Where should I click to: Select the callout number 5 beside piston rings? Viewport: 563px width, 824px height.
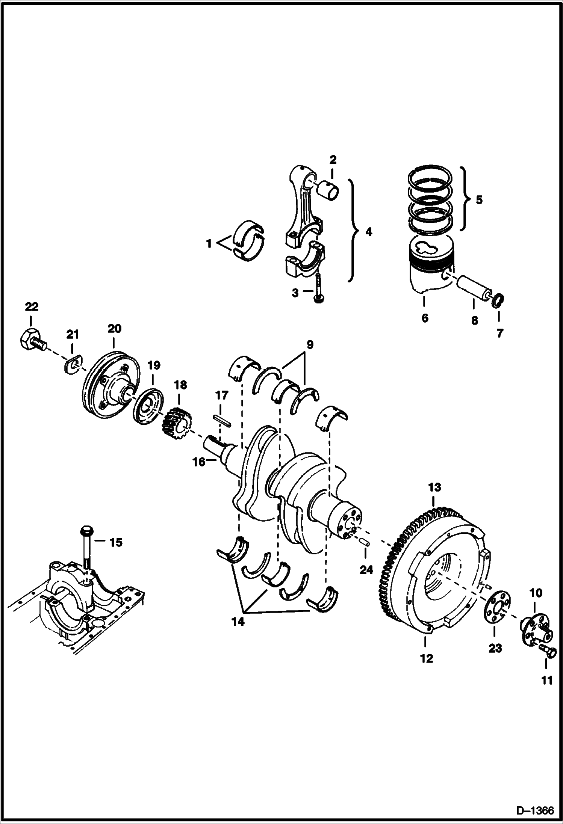(x=478, y=200)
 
